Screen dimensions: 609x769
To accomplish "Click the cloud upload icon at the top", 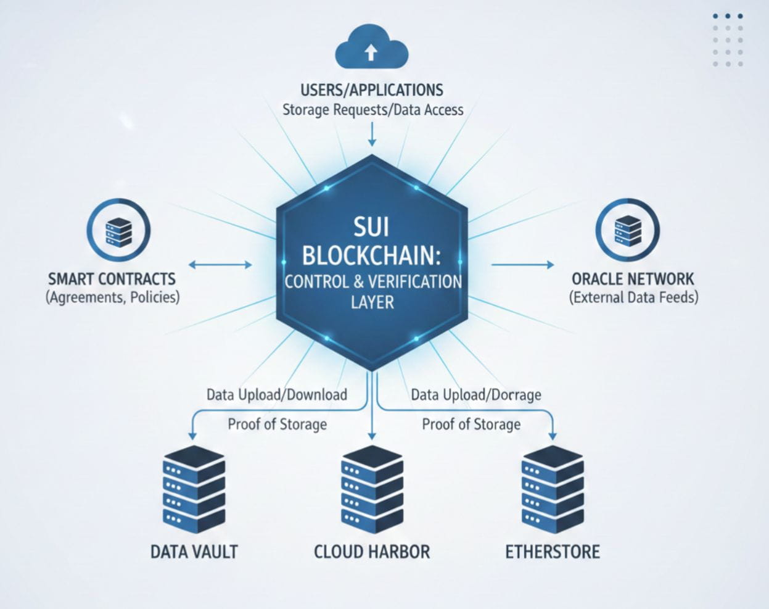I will pos(371,46).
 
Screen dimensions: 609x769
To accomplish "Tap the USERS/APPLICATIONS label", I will pos(372,90).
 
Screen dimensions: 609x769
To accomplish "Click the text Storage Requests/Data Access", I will pos(372,110).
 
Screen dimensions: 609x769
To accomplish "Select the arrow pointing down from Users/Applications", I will pos(372,134).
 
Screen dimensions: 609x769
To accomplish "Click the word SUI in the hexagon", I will pos(371,227).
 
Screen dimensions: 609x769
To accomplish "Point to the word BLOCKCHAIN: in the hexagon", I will pos(372,255).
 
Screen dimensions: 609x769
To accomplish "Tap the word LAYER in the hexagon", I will pos(372,302).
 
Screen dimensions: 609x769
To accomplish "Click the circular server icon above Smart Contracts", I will pos(118,231).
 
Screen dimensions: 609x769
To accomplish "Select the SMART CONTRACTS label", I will pos(112,279).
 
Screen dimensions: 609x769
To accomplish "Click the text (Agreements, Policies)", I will pos(112,297).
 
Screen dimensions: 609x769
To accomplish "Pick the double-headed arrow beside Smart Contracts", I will pos(220,265).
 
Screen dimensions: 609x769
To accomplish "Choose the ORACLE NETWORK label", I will pos(633,279).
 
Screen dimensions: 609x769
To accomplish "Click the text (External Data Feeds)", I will pos(633,297).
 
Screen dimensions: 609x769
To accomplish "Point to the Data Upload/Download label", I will pos(277,395).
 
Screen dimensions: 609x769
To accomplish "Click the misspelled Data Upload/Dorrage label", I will pos(476,395).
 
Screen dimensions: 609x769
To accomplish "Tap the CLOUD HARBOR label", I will pos(372,552).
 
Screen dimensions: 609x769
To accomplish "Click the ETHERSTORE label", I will pos(552,552).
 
